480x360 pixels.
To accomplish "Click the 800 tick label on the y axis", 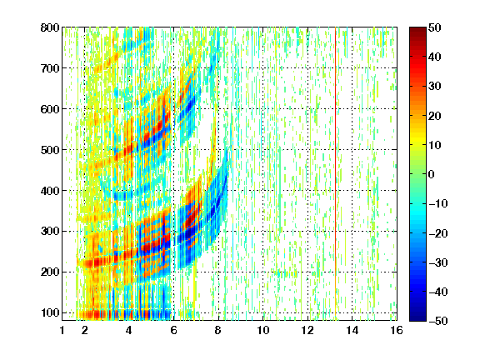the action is (x=50, y=27).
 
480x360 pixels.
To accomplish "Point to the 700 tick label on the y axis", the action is (x=50, y=68).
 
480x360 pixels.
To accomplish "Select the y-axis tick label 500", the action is (x=50, y=150).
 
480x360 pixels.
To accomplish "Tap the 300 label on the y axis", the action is (x=50, y=232).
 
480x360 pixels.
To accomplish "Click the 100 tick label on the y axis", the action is (x=50, y=312).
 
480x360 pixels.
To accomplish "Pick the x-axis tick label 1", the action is (x=62, y=330).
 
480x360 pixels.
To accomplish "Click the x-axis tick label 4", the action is (x=129, y=330).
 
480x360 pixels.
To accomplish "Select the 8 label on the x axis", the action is (x=218, y=330).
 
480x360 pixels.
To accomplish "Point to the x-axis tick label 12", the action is (x=307, y=330).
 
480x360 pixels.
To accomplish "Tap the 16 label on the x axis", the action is (x=397, y=330).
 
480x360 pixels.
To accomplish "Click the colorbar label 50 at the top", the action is (x=435, y=27).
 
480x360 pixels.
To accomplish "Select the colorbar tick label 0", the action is (x=432, y=174).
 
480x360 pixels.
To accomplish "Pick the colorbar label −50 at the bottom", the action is (x=438, y=321).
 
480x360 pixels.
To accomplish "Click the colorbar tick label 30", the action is (x=435, y=87).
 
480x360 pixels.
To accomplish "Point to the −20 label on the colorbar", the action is (x=438, y=233).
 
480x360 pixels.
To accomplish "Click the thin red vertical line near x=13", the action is (x=336, y=174).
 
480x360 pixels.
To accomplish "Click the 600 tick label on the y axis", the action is (x=50, y=109).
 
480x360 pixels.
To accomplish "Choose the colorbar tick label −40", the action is (x=438, y=292).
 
